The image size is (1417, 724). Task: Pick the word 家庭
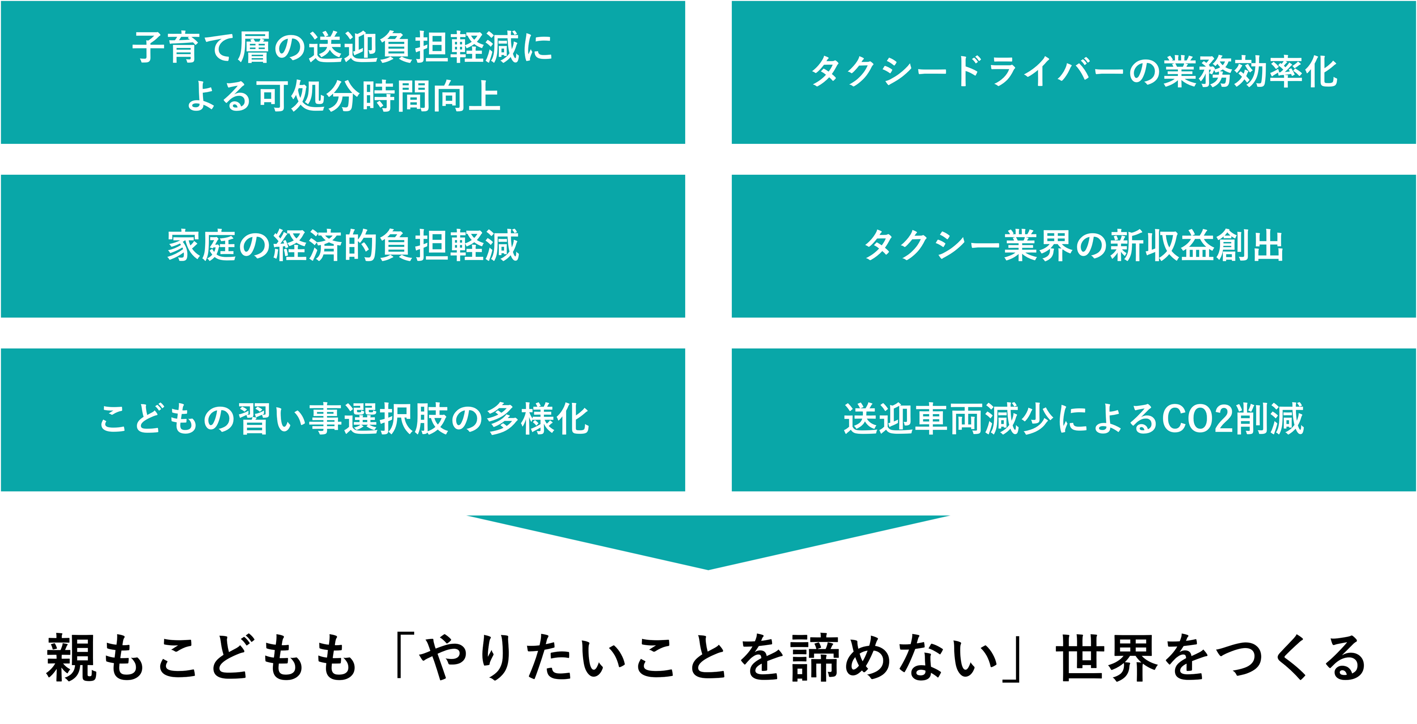(x=201, y=246)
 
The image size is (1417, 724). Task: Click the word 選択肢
(x=396, y=419)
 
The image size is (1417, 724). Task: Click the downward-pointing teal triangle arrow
(x=708, y=537)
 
